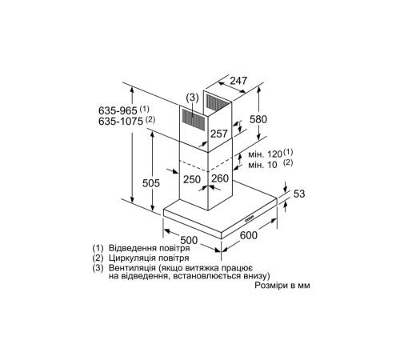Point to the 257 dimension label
218,133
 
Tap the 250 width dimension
191,179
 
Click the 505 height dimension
156,184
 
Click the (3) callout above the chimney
192,98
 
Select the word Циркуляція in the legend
131,260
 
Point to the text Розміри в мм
281,286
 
